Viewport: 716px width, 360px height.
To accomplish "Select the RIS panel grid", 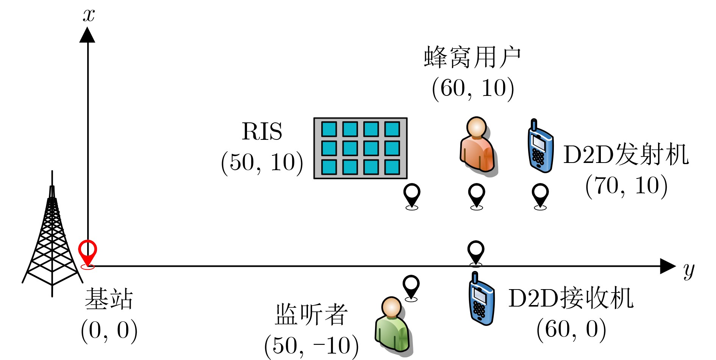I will click(360, 148).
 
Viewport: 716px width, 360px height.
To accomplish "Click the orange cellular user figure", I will click(477, 146).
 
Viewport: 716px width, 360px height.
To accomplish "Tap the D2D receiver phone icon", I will click(481, 299).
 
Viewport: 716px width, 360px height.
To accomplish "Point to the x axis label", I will click(89, 16).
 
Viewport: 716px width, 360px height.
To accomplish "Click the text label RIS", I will click(262, 131).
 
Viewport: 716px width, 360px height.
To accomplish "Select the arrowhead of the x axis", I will click(88, 35).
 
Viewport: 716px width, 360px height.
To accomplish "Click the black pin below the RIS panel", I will click(412, 195).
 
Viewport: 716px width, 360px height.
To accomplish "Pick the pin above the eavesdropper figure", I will click(411, 287).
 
